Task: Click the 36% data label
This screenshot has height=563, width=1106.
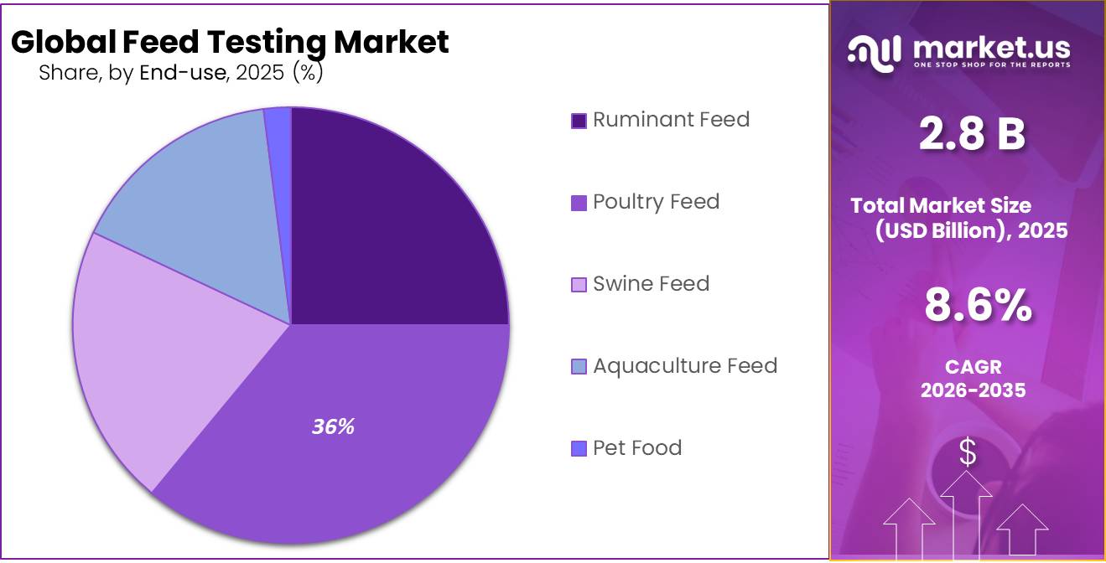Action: click(333, 426)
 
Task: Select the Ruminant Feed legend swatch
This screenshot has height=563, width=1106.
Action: click(579, 121)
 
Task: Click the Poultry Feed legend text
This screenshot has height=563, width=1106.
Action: click(656, 202)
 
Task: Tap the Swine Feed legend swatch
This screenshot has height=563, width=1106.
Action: click(579, 285)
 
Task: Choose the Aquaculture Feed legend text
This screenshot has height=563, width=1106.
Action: click(684, 366)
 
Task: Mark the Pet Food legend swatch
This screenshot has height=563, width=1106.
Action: click(579, 449)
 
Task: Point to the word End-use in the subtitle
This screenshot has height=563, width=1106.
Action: click(182, 73)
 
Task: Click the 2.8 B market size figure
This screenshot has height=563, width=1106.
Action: click(971, 134)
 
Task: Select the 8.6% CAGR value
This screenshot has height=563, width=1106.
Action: click(978, 305)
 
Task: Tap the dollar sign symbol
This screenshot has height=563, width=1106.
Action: click(968, 452)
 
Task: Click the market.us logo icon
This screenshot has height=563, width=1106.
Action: click(874, 51)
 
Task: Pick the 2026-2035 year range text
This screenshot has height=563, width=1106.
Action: click(973, 390)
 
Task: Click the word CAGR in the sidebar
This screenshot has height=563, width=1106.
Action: click(973, 367)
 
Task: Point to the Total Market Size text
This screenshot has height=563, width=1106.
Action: click(940, 205)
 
